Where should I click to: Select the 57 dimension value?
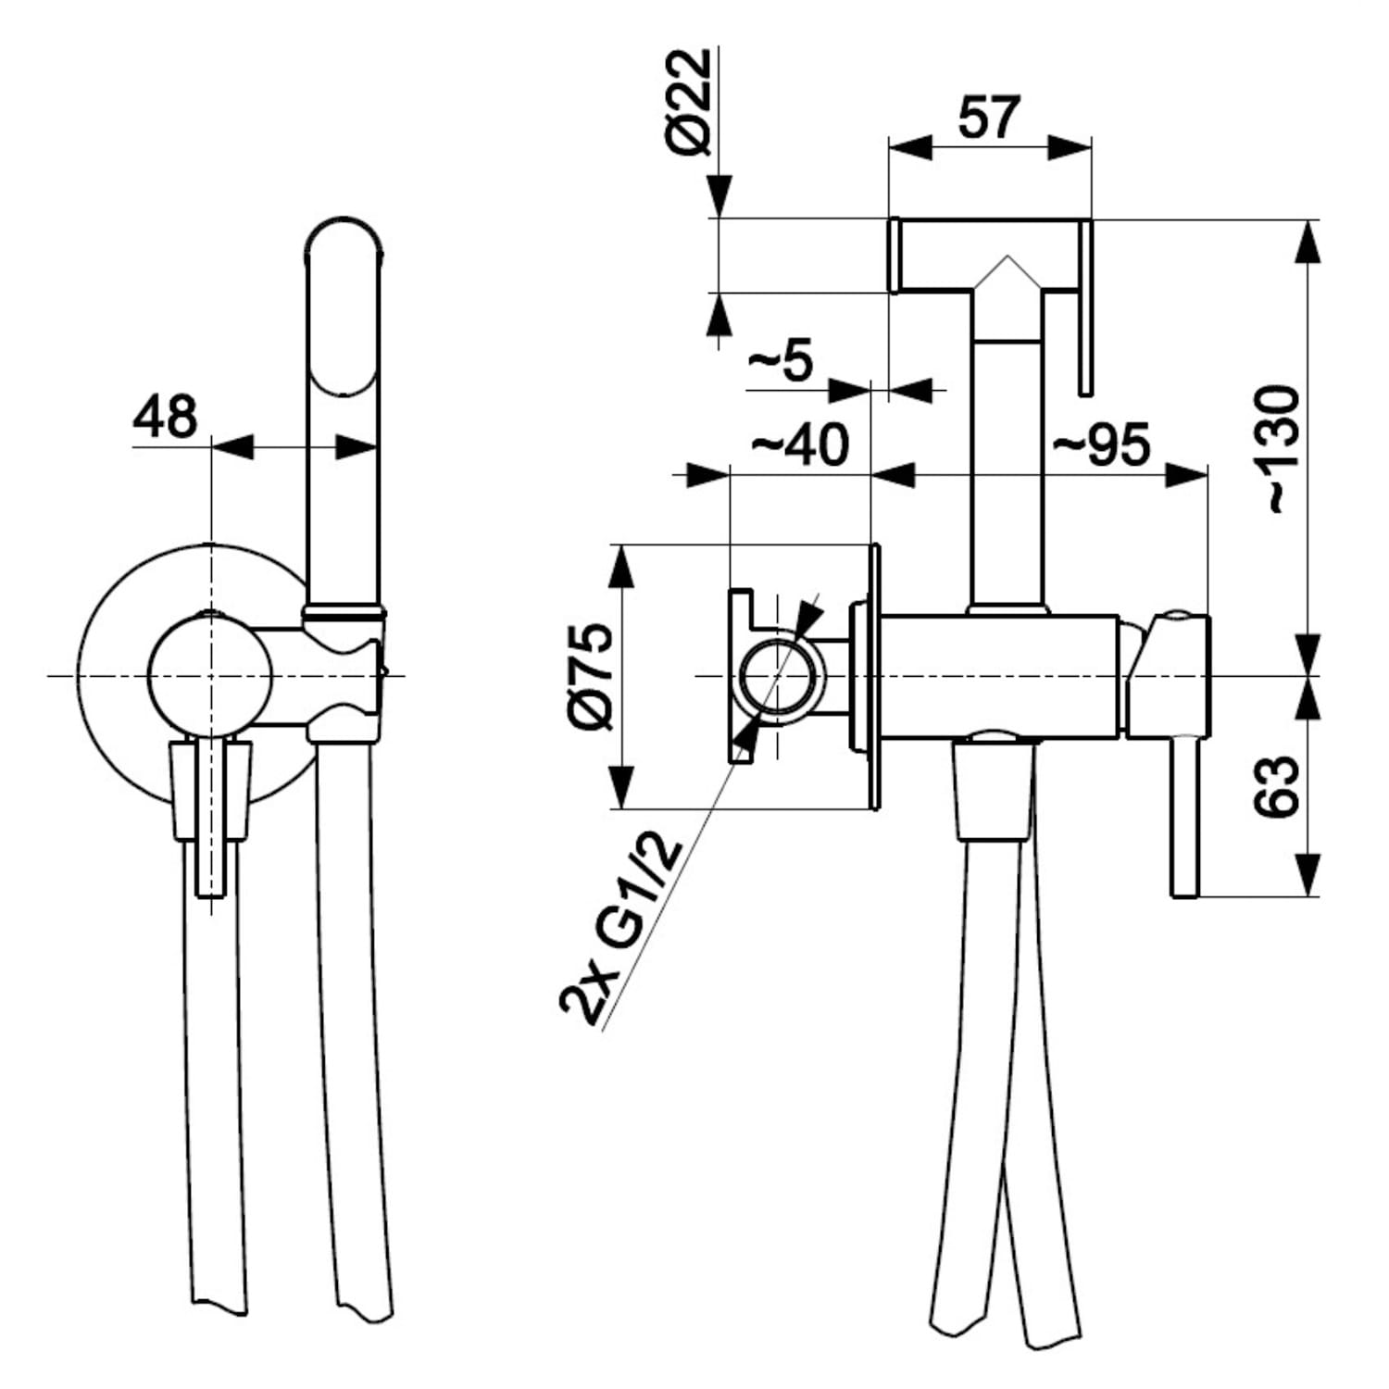click(989, 117)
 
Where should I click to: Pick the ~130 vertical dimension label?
click(1279, 450)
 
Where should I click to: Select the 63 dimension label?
click(1278, 786)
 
